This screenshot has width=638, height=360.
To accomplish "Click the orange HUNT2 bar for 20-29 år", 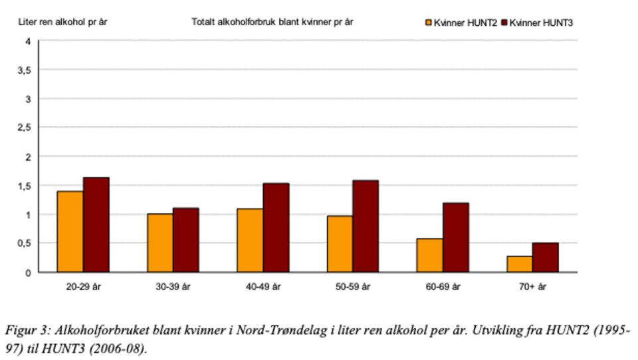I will tap(70, 231).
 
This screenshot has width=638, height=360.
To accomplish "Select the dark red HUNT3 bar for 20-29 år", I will tap(96, 225).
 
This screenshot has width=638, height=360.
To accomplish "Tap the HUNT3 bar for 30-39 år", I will tap(186, 240).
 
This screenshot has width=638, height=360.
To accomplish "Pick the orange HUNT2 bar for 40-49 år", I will tap(250, 240).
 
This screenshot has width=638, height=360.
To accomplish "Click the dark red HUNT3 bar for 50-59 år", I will tap(366, 226).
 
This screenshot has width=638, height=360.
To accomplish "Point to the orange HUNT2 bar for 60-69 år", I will tap(429, 255).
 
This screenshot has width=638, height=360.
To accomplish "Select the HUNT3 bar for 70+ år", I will tap(545, 257).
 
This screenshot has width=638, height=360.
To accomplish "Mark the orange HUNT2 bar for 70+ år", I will tap(519, 264).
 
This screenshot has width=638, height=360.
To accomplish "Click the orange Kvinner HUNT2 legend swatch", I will tap(429, 23).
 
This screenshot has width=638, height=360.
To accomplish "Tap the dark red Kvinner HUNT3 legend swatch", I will tap(505, 23).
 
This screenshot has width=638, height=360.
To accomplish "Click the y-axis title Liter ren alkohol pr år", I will tap(62, 22).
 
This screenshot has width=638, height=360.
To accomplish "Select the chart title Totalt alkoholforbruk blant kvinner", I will tap(272, 22).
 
